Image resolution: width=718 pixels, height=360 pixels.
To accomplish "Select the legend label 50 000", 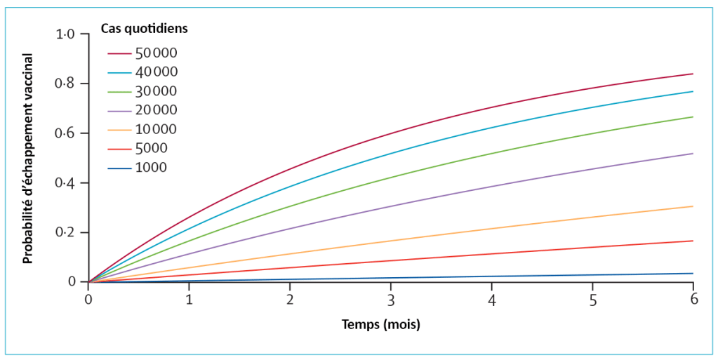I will pyautogui.click(x=157, y=53).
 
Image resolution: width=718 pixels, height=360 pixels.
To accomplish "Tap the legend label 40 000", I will pyautogui.click(x=157, y=72).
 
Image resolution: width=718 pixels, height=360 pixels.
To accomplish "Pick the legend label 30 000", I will pyautogui.click(x=157, y=91).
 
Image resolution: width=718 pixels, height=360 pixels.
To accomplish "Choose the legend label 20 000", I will pyautogui.click(x=157, y=109).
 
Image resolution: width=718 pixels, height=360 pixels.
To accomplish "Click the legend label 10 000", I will pyautogui.click(x=157, y=129).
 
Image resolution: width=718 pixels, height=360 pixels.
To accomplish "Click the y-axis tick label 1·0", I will pyautogui.click(x=65, y=34).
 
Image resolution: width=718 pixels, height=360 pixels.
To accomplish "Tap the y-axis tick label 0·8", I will pyautogui.click(x=65, y=84).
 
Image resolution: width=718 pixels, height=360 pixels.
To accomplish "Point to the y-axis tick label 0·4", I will pyautogui.click(x=65, y=183).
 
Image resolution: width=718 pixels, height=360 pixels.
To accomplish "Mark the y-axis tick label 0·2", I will pyautogui.click(x=65, y=233).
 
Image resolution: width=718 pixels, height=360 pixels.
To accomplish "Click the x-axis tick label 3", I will pyautogui.click(x=391, y=299).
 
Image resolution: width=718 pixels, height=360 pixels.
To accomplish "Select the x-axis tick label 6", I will pyautogui.click(x=693, y=298).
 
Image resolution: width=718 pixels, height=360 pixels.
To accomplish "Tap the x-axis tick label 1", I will pyautogui.click(x=189, y=299).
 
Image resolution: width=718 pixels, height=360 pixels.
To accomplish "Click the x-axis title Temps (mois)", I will pyautogui.click(x=381, y=325).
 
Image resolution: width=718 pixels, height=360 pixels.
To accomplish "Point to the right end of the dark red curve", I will pyautogui.click(x=693, y=74).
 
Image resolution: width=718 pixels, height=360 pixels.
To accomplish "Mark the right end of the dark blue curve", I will pyautogui.click(x=693, y=274).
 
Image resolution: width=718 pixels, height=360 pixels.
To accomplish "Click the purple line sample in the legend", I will pyautogui.click(x=120, y=110).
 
